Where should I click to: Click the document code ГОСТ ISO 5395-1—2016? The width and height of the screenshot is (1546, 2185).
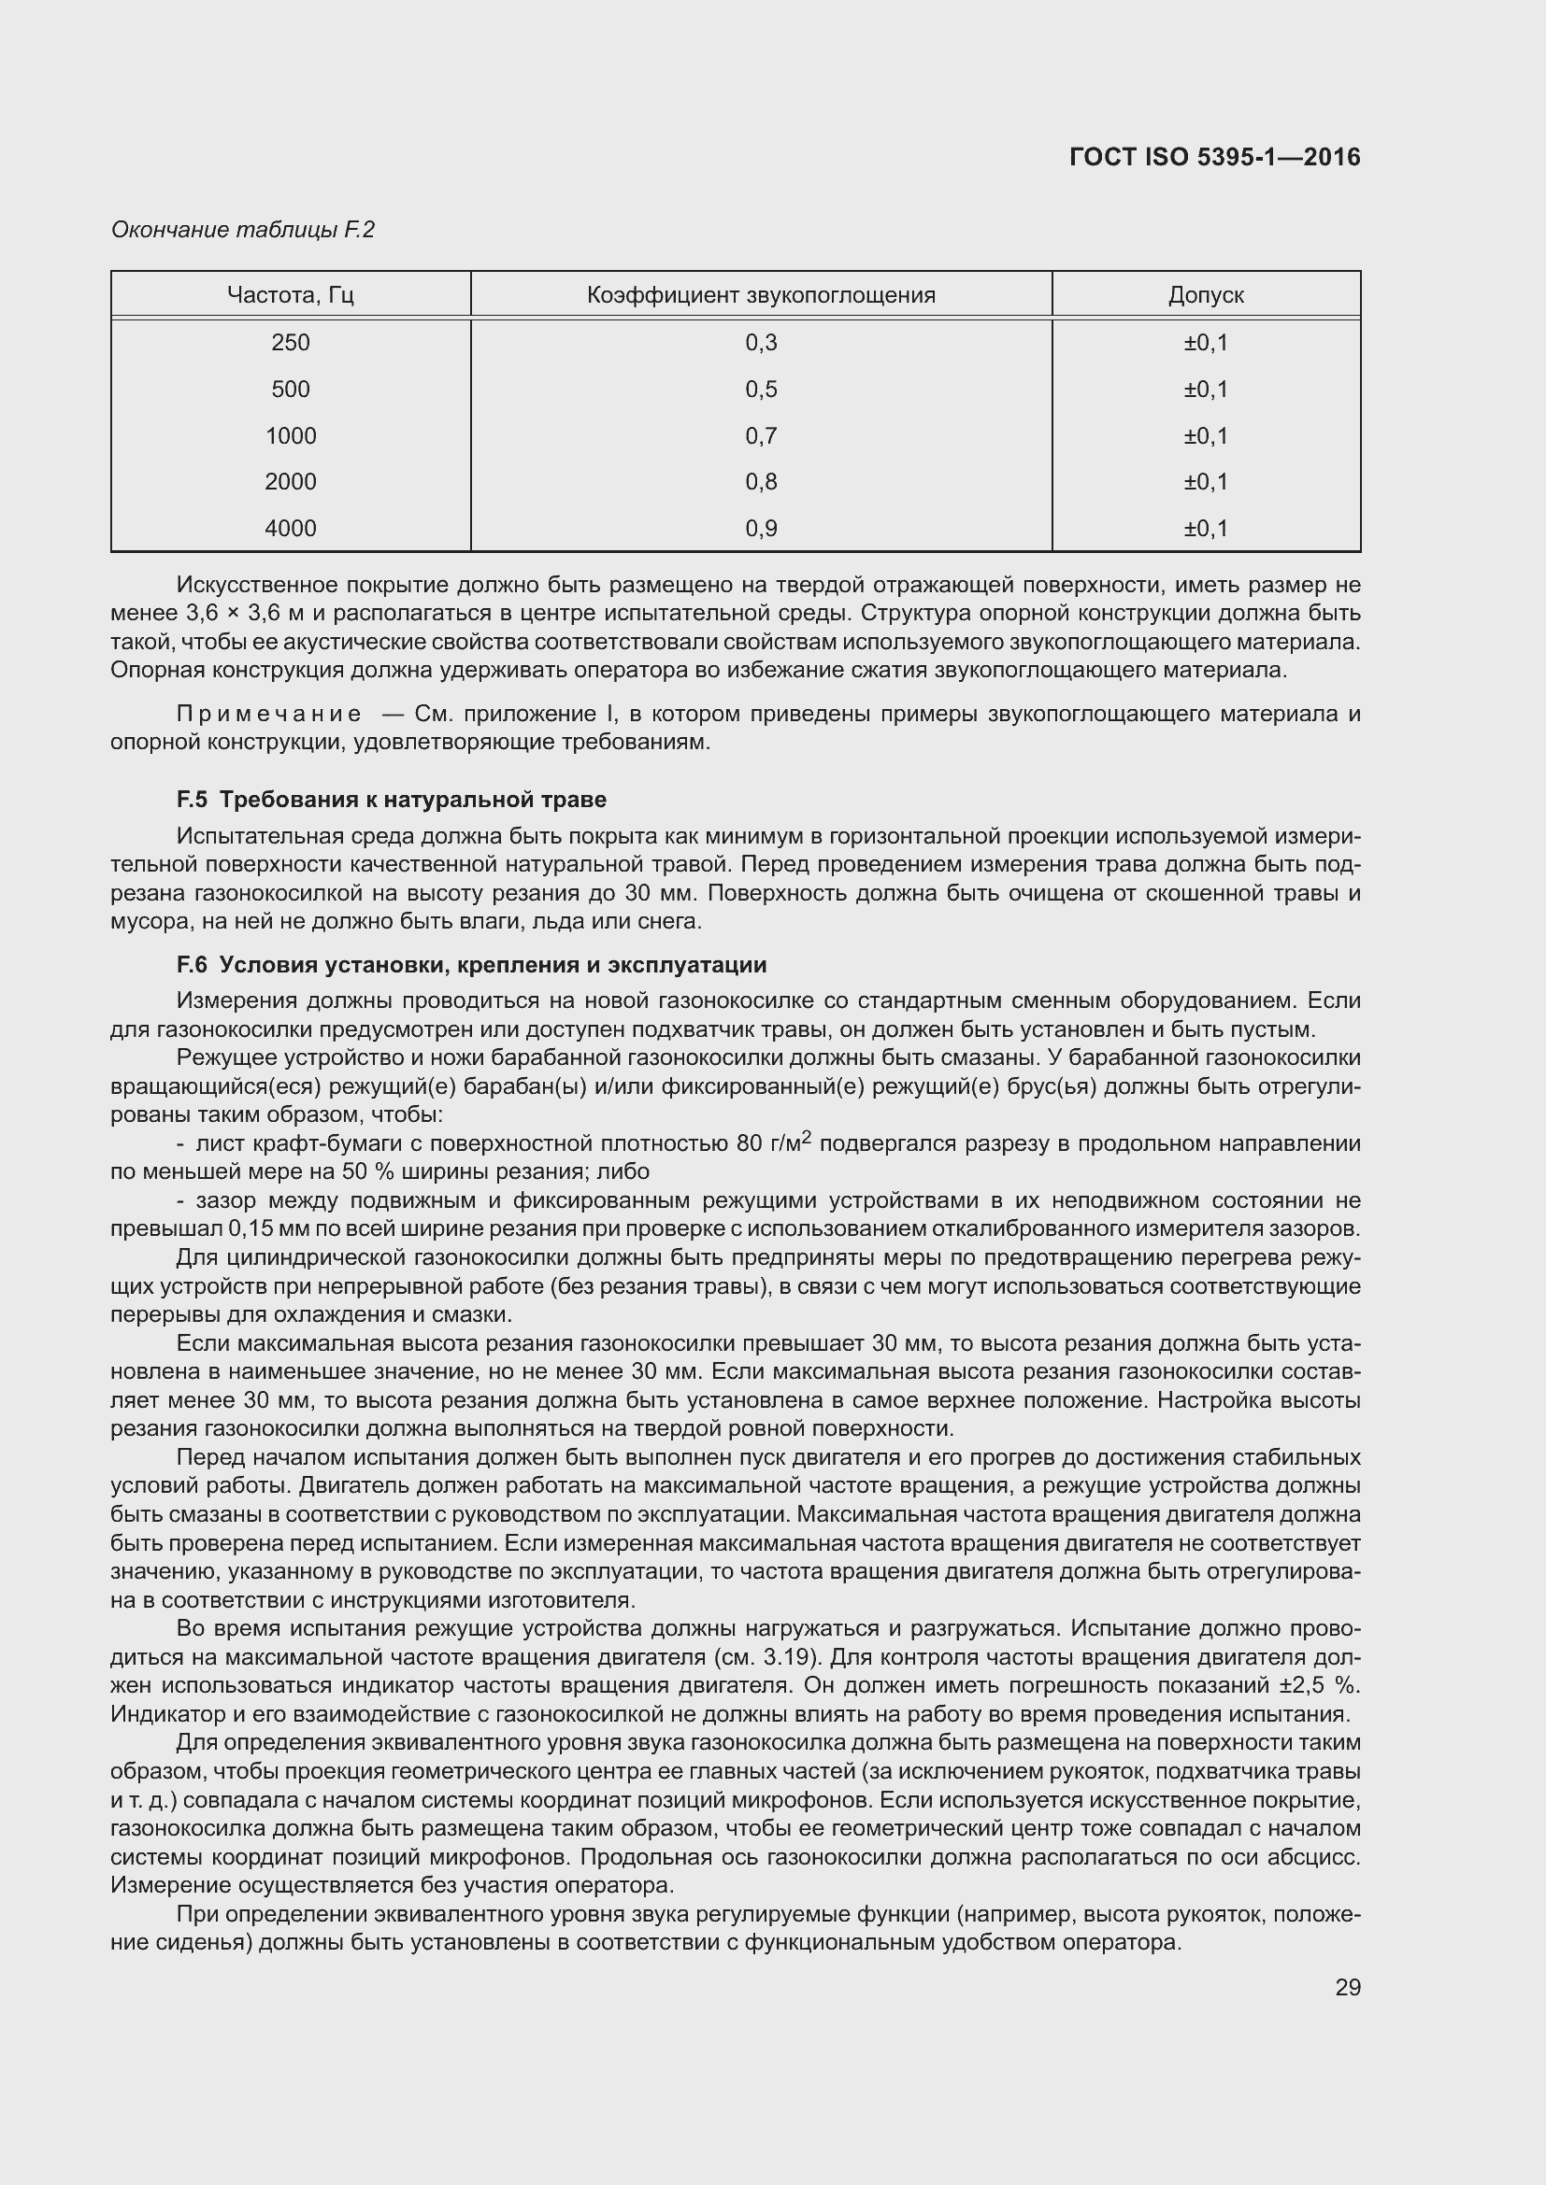point(1214,157)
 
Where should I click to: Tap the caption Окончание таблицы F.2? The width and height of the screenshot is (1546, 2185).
point(243,230)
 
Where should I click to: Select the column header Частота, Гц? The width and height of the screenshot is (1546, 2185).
point(291,295)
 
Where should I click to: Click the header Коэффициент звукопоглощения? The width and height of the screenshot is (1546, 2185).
point(761,295)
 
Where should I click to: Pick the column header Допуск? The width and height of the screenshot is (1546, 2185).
point(1205,295)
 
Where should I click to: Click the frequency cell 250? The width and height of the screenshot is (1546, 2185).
point(291,343)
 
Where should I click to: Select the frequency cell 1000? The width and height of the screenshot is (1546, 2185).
point(291,436)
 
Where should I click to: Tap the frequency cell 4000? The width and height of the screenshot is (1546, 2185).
point(291,528)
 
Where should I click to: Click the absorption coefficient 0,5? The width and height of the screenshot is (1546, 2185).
point(761,390)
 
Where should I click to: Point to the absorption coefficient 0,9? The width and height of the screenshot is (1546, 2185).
point(761,528)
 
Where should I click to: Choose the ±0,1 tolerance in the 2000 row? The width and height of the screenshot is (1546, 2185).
point(1205,481)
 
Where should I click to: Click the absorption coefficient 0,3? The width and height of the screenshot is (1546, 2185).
point(761,343)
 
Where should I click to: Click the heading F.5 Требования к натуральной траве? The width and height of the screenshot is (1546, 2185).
point(392,800)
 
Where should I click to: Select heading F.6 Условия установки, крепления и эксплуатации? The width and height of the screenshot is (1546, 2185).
point(471,965)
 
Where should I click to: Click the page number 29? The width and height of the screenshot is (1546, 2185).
point(1347,1987)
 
